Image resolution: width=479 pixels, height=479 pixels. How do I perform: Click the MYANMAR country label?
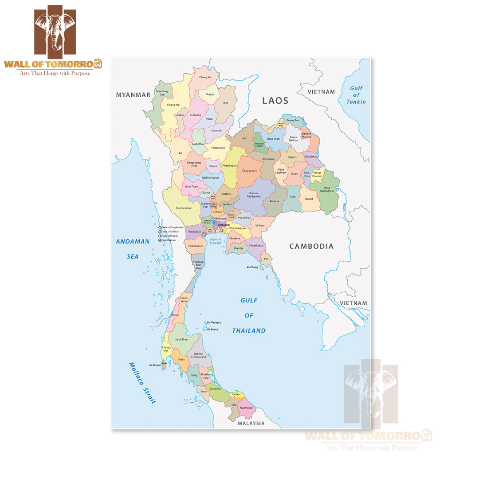(x=133, y=95)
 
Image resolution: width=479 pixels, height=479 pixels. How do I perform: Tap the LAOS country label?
(x=275, y=101)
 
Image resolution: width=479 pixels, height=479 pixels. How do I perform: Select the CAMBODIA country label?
(x=311, y=247)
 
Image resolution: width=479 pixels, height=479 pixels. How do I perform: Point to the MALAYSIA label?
(x=251, y=423)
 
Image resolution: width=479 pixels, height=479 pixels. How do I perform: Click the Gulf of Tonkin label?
(x=356, y=95)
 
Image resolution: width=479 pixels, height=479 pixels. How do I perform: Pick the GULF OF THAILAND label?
(x=249, y=315)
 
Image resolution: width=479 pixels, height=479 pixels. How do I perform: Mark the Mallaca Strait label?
(x=142, y=383)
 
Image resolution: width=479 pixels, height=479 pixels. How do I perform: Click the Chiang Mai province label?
(x=173, y=105)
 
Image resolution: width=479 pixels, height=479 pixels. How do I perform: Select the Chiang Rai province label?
(x=205, y=77)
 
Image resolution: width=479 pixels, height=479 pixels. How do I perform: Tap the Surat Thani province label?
(x=181, y=339)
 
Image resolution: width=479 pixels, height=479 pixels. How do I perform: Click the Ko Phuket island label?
(x=155, y=365)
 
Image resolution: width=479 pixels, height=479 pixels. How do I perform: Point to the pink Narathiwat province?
(x=246, y=408)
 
